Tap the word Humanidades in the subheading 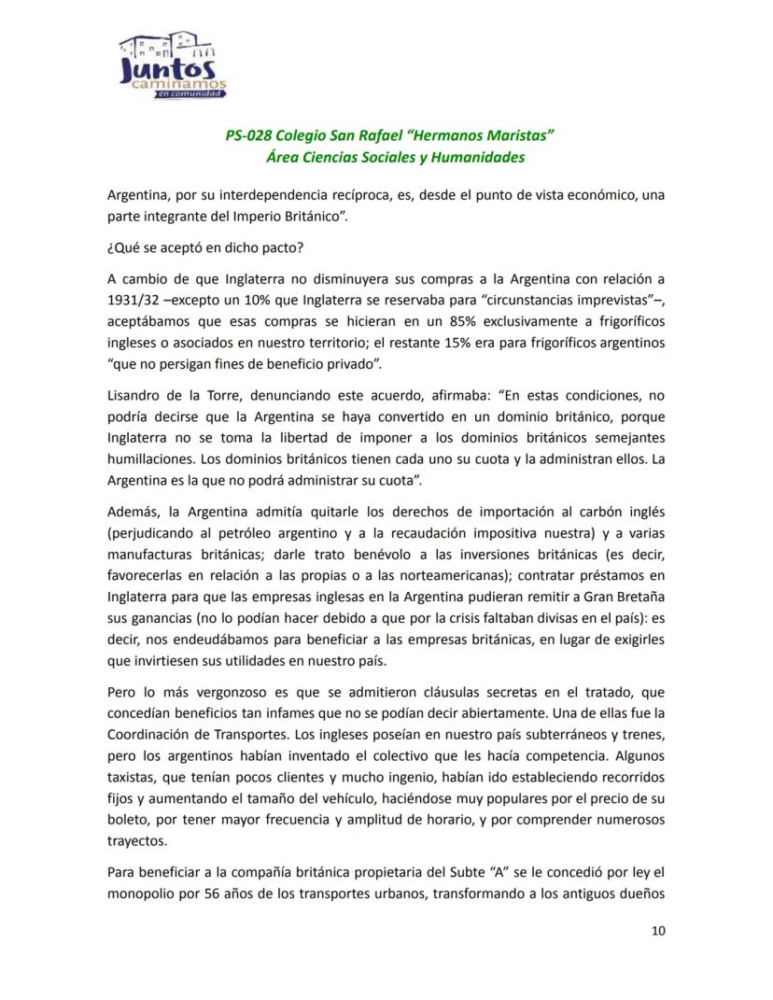coord(479,157)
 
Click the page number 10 coord(658,930)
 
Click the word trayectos coord(137,839)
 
